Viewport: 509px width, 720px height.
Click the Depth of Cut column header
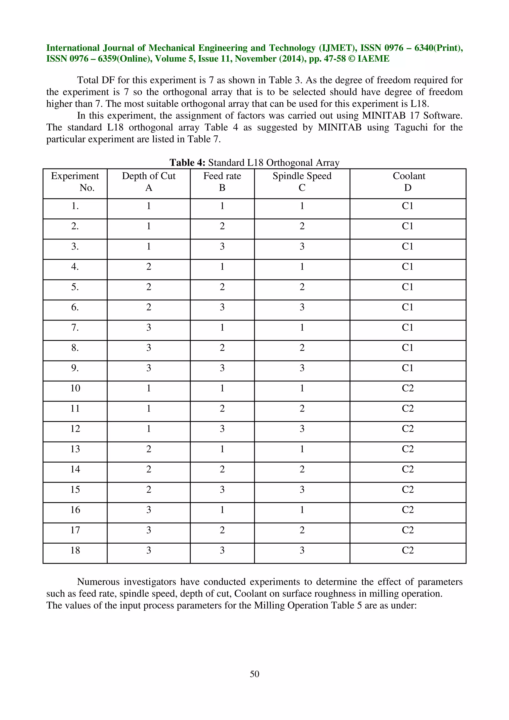149,182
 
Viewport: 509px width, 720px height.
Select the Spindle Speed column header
302,182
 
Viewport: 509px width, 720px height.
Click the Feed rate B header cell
222,182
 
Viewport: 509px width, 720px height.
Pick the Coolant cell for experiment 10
408,388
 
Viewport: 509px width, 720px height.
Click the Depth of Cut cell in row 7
149,327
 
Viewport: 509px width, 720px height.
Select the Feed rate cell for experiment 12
222,429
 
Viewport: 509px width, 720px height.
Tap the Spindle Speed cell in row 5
302,287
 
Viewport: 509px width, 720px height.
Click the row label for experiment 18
75,550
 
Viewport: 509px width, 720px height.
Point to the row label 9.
75,368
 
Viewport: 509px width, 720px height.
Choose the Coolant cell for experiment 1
408,206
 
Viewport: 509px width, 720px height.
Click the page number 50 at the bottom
254,674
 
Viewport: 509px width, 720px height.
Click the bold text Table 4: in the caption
187,162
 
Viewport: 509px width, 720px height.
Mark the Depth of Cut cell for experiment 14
149,469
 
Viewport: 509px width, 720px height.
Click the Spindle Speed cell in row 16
302,510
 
